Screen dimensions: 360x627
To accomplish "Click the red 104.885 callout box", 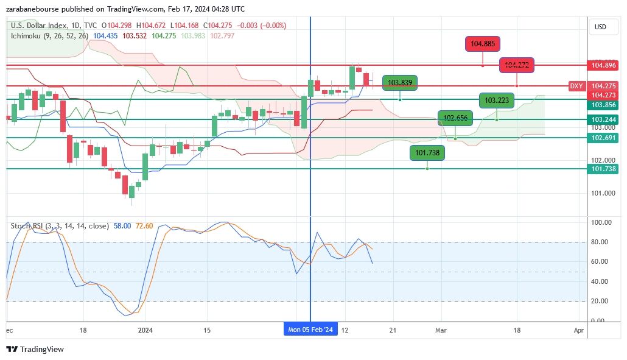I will tap(483, 44).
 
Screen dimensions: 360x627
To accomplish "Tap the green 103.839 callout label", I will tap(400, 83).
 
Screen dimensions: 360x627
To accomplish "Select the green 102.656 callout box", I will tap(455, 118).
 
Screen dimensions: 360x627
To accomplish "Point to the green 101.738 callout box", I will tap(427, 153).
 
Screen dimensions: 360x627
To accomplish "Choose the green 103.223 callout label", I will tap(497, 101).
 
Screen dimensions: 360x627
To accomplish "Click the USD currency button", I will tap(600, 27).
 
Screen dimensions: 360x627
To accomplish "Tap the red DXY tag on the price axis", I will tap(576, 86).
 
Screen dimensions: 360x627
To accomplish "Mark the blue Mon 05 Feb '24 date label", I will tap(310, 330).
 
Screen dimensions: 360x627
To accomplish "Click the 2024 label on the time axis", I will tap(145, 330).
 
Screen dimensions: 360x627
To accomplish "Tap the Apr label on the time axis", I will tap(579, 330).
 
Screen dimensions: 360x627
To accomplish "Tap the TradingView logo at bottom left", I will tap(35, 349).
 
